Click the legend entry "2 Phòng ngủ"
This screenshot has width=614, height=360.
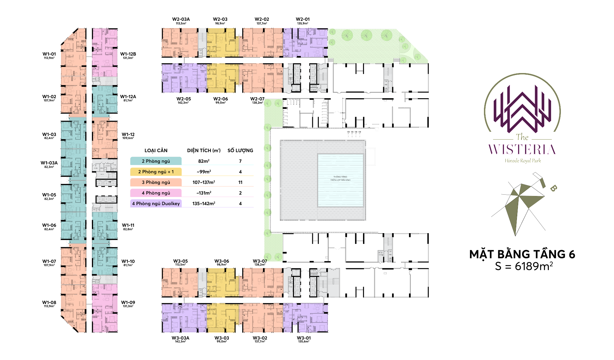tap(156, 161)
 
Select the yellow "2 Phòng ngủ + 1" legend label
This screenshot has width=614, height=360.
tap(156, 172)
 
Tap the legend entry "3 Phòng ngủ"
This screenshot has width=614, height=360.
tap(156, 182)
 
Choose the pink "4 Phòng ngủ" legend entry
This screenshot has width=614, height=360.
tap(156, 193)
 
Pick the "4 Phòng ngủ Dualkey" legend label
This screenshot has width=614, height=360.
tap(156, 203)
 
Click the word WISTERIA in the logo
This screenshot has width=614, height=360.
tap(522, 150)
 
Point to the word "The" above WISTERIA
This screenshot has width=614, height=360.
tap(522, 137)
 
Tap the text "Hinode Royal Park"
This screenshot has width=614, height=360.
tap(523, 160)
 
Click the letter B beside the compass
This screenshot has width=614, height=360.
tap(553, 188)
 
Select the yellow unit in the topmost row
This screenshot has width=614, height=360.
tap(221, 43)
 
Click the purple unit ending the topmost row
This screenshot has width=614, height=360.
tap(305, 43)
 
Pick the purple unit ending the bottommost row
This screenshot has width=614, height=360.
tap(305, 318)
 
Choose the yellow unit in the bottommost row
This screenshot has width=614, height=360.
tap(221, 318)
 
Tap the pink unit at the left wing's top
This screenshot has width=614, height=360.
tap(105, 52)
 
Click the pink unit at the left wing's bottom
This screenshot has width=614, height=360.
tap(105, 308)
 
